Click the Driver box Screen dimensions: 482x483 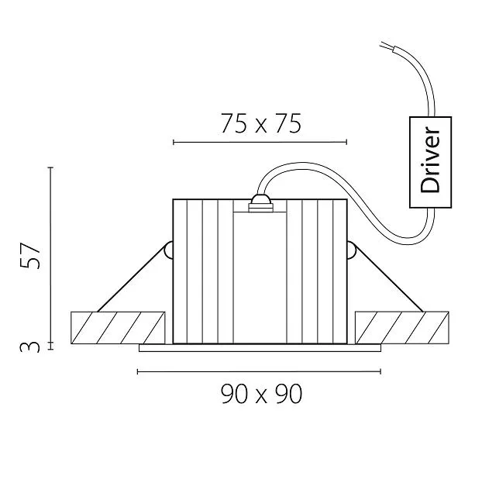coord(430,162)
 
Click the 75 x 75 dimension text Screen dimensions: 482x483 coord(261,123)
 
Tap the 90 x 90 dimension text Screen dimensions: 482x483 coord(261,394)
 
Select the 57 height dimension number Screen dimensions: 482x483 coord(30,255)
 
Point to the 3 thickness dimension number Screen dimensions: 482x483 coord(30,347)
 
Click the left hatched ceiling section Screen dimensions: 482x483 coord(118,328)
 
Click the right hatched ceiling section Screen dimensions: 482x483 coord(402,328)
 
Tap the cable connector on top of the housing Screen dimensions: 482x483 coord(261,204)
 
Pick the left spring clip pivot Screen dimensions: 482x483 coord(168,250)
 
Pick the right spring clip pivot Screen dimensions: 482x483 coord(352,250)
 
